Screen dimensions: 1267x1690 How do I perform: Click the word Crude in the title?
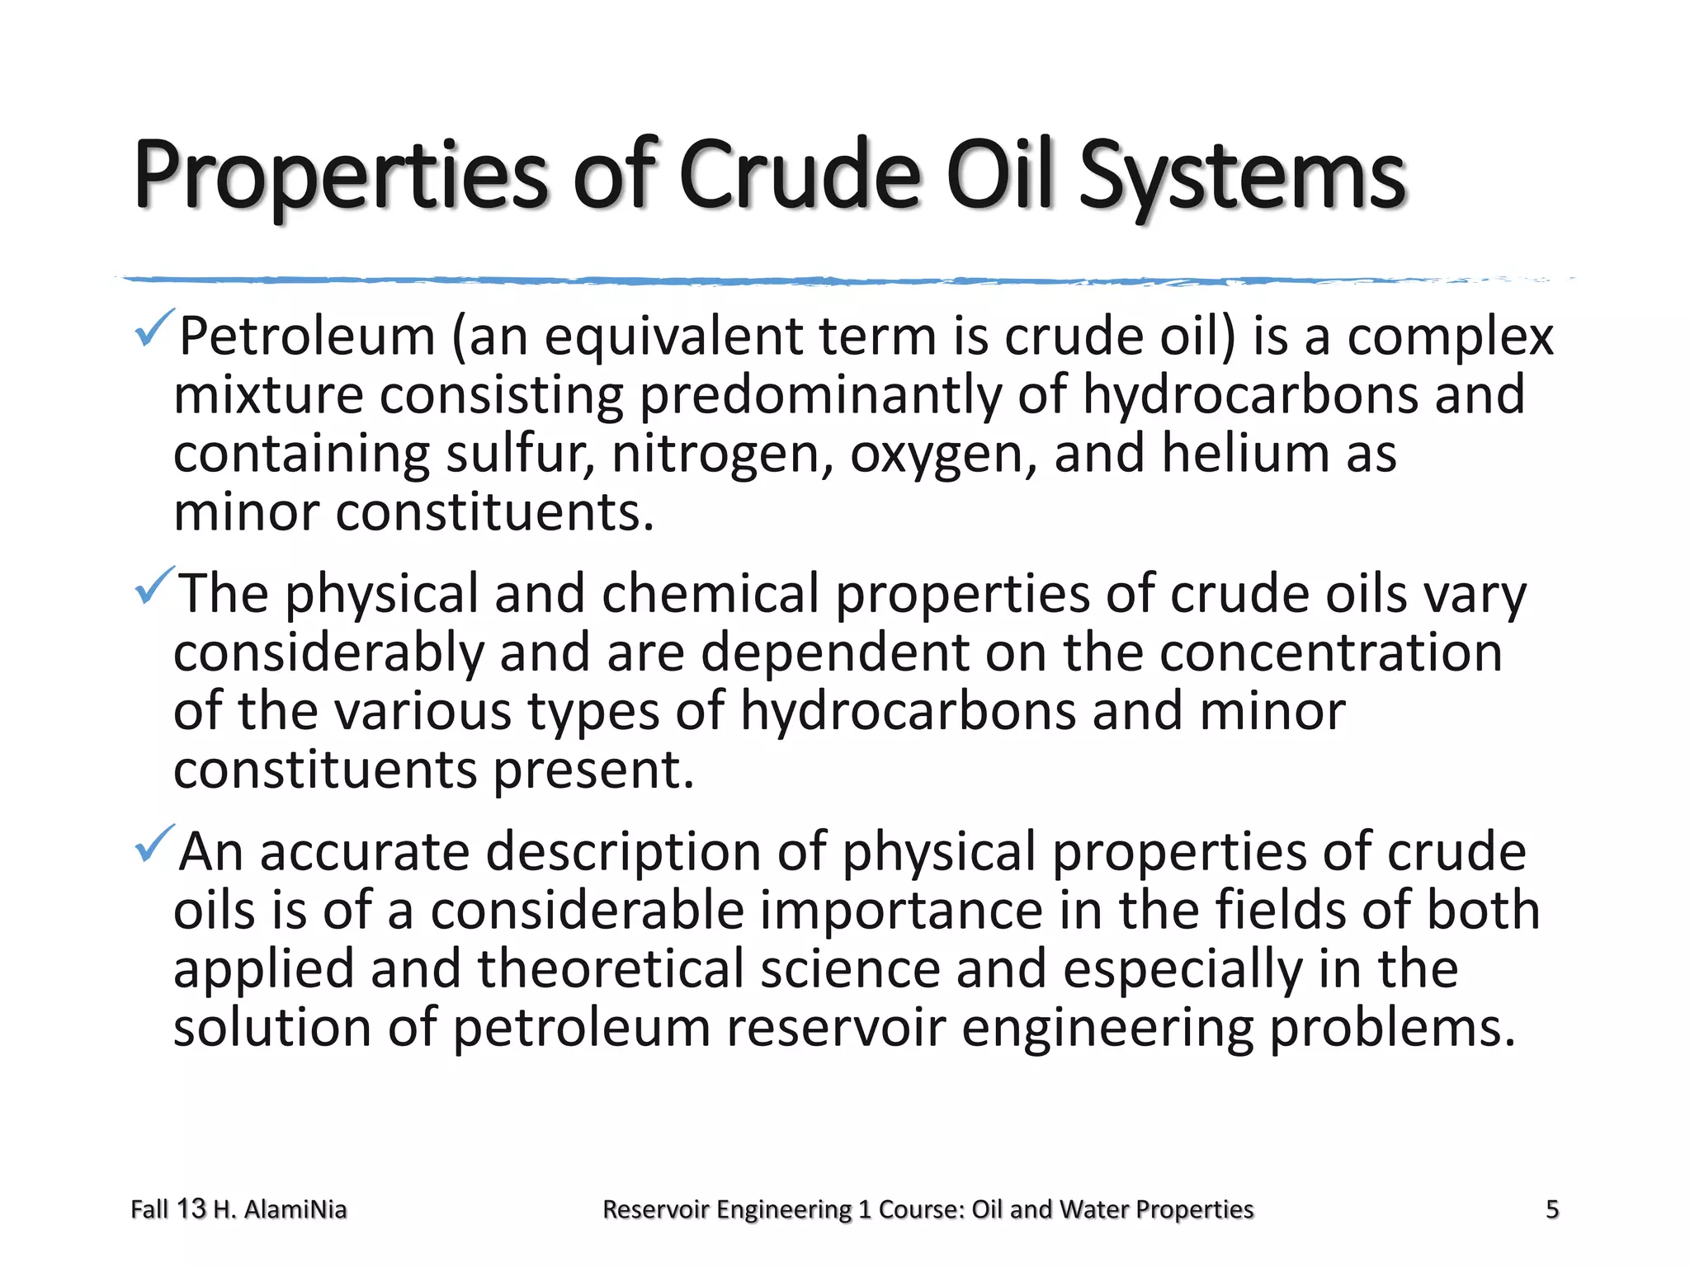[x=799, y=175]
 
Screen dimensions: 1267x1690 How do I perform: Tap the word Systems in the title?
[x=1242, y=177]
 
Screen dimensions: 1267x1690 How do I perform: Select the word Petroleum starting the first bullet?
[x=307, y=337]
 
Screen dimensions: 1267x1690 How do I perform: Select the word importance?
[x=901, y=910]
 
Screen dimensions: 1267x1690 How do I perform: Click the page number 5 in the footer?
[x=1551, y=1209]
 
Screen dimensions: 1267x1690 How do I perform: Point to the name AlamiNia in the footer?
[x=295, y=1209]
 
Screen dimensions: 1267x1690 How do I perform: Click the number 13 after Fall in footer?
[x=191, y=1209]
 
